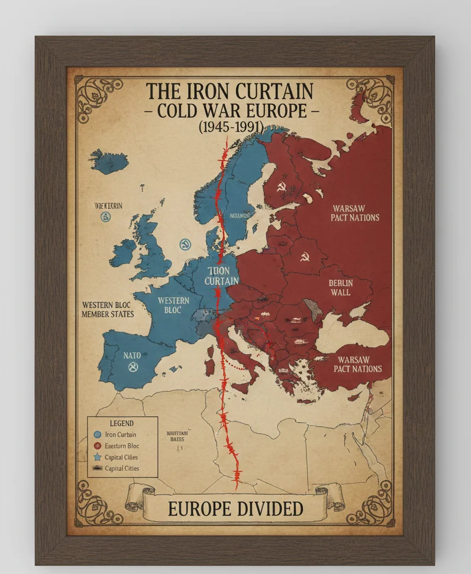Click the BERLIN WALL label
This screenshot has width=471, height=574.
click(340, 287)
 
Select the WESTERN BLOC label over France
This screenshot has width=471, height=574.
click(173, 305)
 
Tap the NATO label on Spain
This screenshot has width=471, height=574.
click(132, 356)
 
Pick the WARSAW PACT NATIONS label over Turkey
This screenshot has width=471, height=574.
click(359, 364)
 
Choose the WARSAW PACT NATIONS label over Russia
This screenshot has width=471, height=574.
click(355, 213)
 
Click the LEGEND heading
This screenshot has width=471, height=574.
click(122, 423)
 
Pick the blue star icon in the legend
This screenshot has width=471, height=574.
click(98, 457)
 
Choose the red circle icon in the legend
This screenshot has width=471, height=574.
click(98, 446)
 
